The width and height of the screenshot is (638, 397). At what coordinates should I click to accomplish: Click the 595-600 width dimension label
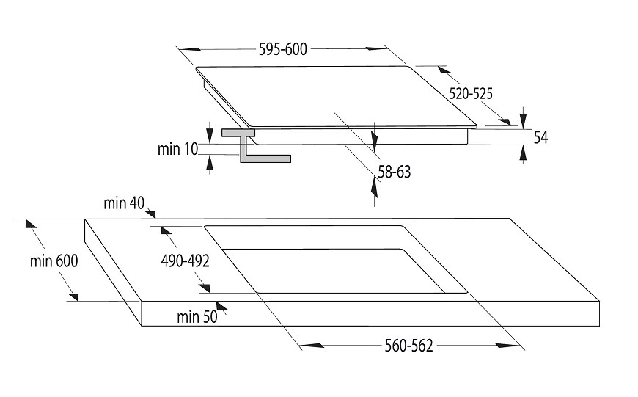tap(283, 49)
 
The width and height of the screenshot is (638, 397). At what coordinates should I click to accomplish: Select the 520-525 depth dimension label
tap(471, 94)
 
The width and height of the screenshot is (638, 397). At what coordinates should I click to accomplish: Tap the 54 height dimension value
tap(540, 138)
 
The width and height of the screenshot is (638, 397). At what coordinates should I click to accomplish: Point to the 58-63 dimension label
tap(395, 172)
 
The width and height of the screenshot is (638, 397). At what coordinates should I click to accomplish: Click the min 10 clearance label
tap(177, 149)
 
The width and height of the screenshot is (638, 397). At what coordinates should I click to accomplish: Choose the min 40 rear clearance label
tap(124, 203)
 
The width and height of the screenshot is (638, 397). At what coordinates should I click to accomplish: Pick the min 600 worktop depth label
tap(54, 261)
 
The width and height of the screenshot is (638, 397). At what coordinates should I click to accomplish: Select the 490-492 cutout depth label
tap(185, 261)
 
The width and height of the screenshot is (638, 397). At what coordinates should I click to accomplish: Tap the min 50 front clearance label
tap(197, 317)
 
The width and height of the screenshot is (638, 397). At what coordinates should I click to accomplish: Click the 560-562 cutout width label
tap(408, 346)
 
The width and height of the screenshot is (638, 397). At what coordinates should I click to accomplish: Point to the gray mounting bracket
tap(255, 145)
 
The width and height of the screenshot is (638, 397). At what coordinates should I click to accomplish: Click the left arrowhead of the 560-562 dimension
tap(312, 346)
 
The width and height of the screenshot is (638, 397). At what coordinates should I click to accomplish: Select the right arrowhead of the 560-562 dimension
tap(507, 346)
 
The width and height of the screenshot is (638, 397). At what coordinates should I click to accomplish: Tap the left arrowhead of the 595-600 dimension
tap(190, 49)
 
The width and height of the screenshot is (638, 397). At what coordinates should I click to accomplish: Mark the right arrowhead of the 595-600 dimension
tap(377, 49)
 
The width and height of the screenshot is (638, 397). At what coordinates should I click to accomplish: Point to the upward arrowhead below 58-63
tap(374, 187)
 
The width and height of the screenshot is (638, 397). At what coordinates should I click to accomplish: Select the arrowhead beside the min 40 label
tap(151, 214)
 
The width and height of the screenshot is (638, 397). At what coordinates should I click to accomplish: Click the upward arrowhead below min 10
tap(210, 162)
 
